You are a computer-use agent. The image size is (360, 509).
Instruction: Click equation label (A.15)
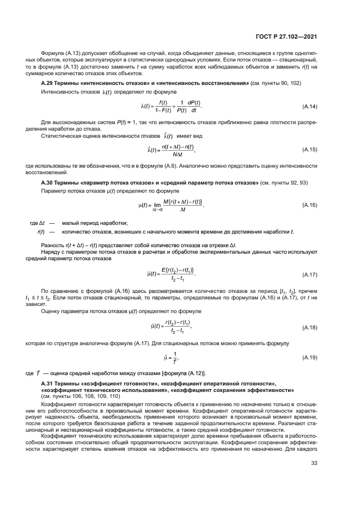click(309, 149)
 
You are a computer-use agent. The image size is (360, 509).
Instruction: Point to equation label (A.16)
click(309, 204)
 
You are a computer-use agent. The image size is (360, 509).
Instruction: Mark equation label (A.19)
click(309, 357)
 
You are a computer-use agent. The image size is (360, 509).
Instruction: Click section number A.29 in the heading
click(48, 82)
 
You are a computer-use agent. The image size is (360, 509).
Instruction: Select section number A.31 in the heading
click(48, 384)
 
